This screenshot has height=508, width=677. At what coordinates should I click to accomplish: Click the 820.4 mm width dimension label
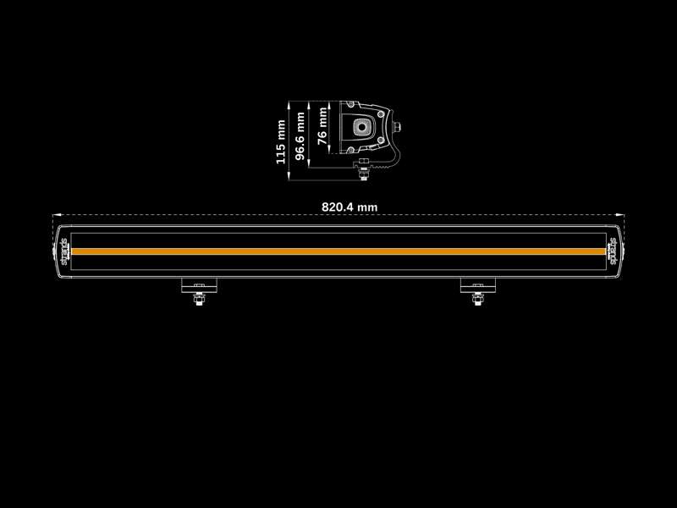click(350, 207)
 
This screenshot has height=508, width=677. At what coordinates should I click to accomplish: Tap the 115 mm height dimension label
click(281, 142)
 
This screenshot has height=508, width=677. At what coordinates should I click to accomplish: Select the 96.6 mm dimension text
click(300, 136)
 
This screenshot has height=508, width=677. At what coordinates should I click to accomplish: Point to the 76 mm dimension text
click(322, 125)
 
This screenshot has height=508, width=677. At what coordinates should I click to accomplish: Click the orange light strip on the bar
click(338, 251)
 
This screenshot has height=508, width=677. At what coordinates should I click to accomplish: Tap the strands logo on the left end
click(64, 251)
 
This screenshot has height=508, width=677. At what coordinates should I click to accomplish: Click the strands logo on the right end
click(613, 251)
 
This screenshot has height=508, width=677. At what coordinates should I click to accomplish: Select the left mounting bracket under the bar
click(199, 285)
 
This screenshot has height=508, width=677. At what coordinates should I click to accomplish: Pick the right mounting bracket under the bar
click(478, 285)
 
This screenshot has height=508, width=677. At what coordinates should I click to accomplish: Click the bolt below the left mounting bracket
click(199, 299)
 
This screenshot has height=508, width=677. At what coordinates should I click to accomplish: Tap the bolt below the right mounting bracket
click(478, 299)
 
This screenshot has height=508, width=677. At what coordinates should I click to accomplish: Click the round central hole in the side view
click(361, 127)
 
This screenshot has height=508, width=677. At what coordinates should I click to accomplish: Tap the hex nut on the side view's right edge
click(397, 127)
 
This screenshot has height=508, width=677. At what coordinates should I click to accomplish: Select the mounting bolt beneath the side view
click(364, 171)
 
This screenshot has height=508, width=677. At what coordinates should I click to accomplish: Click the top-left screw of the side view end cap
click(350, 104)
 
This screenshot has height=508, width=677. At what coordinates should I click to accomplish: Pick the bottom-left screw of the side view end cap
click(350, 150)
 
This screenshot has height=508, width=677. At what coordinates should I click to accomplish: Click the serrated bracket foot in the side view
click(380, 164)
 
